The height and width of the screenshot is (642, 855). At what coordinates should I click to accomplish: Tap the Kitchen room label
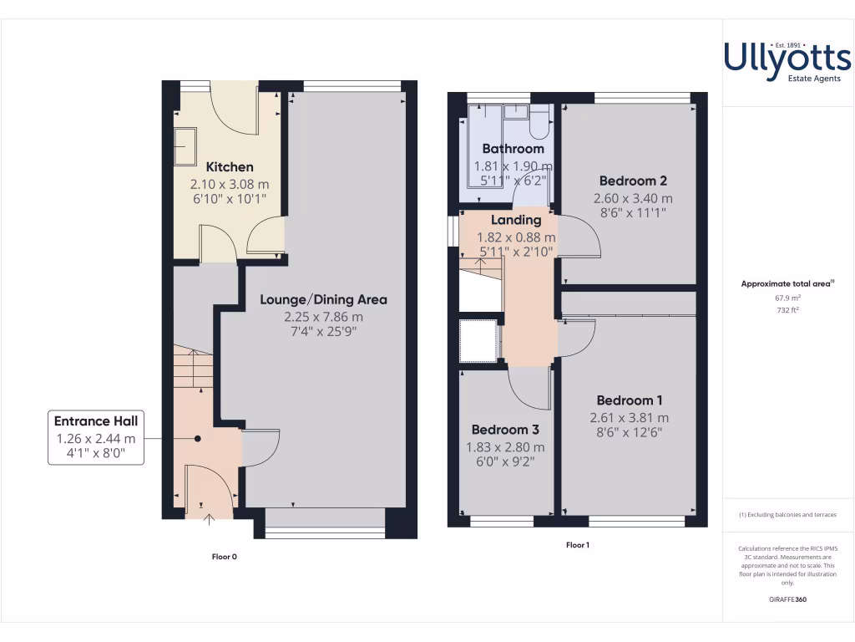(x=230, y=167)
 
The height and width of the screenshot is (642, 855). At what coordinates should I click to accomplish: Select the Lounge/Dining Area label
(x=323, y=299)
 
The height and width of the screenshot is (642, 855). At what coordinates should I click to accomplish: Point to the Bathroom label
(x=513, y=149)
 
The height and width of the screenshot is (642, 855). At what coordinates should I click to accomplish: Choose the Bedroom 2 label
(x=633, y=181)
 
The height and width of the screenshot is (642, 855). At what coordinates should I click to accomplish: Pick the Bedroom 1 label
(x=630, y=400)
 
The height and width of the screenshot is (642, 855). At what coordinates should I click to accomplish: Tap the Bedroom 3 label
(x=502, y=430)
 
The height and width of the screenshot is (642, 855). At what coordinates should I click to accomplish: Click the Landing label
(x=516, y=221)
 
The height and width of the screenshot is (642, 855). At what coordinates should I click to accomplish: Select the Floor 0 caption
(x=225, y=556)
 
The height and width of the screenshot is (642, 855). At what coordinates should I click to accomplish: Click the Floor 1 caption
(x=577, y=545)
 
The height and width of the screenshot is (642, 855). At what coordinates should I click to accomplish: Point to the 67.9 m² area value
(x=787, y=298)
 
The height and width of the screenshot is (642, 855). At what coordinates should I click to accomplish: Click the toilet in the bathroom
(x=539, y=124)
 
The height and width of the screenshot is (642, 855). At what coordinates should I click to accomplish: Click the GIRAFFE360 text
(x=787, y=599)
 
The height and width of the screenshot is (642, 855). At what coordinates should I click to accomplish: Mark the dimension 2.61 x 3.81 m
(x=630, y=418)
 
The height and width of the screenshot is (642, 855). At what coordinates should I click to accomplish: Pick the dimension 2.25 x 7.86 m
(x=323, y=318)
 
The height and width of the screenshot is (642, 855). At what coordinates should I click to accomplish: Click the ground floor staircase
(x=192, y=368)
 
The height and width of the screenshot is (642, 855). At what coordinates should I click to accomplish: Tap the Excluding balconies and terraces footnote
(x=787, y=515)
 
